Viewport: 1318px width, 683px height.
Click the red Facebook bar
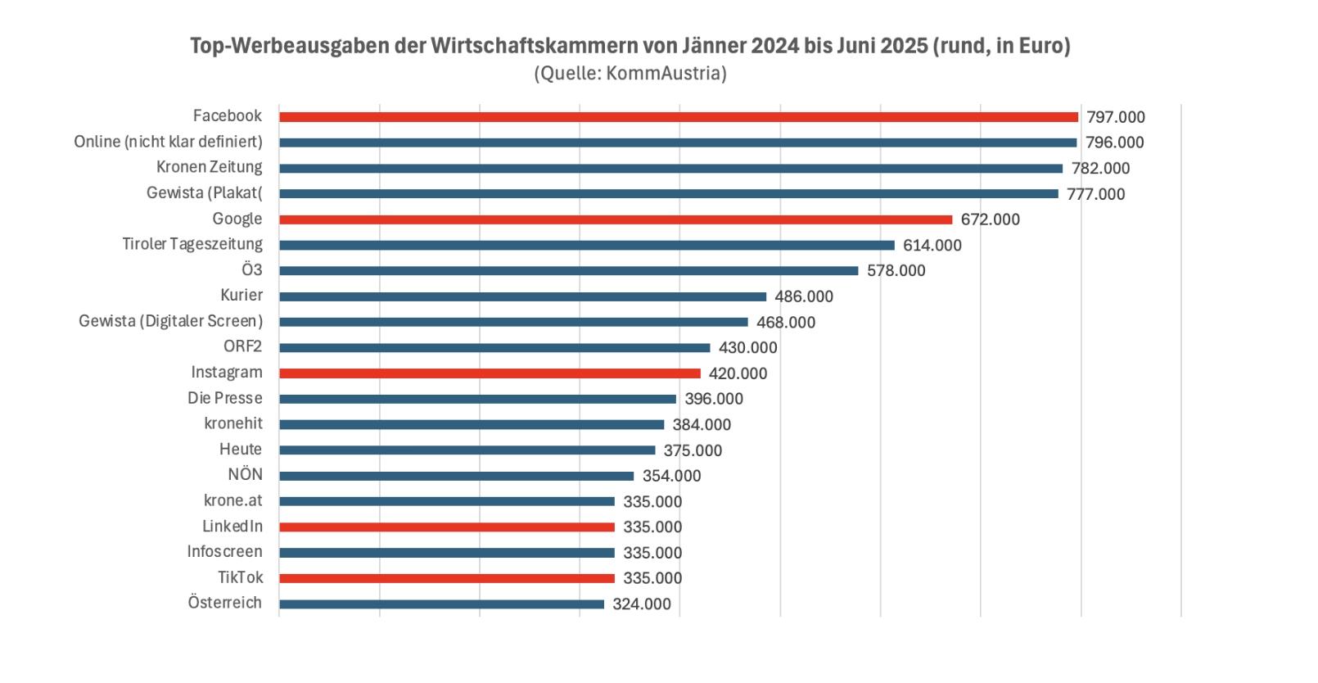point(678,117)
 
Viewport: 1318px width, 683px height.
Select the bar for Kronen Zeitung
point(670,169)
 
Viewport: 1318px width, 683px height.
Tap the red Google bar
point(616,219)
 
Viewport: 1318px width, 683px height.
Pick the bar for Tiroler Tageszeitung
point(586,246)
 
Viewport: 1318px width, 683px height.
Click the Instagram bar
point(490,373)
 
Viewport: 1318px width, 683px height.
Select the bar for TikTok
point(446,578)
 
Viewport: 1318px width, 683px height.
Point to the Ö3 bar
point(568,271)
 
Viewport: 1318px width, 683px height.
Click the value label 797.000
point(1115,117)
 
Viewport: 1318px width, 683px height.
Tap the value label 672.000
point(990,219)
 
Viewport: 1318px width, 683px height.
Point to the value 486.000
point(804,296)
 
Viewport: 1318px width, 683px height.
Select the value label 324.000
point(641,604)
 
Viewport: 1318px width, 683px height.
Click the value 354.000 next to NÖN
point(671,476)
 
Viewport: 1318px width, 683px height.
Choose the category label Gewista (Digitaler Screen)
point(170,321)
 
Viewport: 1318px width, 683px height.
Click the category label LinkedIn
point(232,526)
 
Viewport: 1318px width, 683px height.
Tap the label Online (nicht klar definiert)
point(168,142)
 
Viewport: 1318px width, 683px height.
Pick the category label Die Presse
point(224,398)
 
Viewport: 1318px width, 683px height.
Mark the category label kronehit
point(233,423)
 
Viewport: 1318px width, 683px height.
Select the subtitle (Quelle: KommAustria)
point(630,74)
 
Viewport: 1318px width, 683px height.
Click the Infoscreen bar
point(446,553)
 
